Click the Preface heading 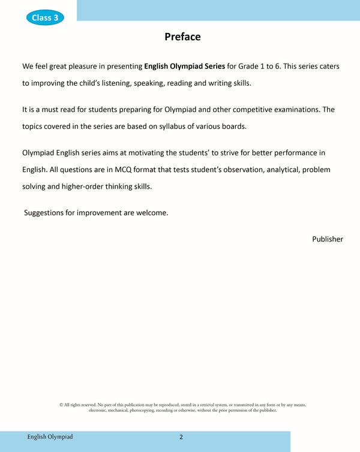[x=182, y=37]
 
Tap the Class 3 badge [x=45, y=17]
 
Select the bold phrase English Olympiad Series [x=185, y=66]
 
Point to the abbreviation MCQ [x=125, y=170]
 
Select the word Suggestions [x=49, y=212]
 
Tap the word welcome [x=151, y=212]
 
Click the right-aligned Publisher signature [x=327, y=239]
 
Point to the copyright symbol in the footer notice [x=61, y=405]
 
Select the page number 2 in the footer [x=181, y=437]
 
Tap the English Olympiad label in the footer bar [x=50, y=437]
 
